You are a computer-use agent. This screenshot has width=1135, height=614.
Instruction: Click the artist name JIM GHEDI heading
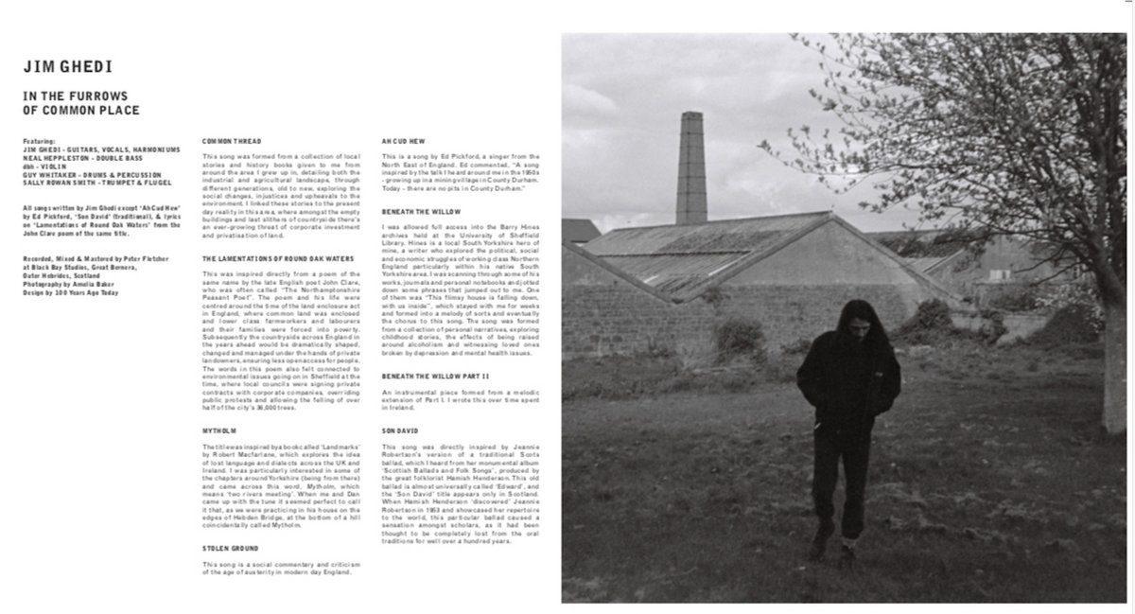(67, 67)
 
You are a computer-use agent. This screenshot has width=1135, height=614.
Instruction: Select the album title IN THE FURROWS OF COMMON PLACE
(81, 103)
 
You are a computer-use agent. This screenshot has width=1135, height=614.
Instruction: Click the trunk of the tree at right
(1113, 360)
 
